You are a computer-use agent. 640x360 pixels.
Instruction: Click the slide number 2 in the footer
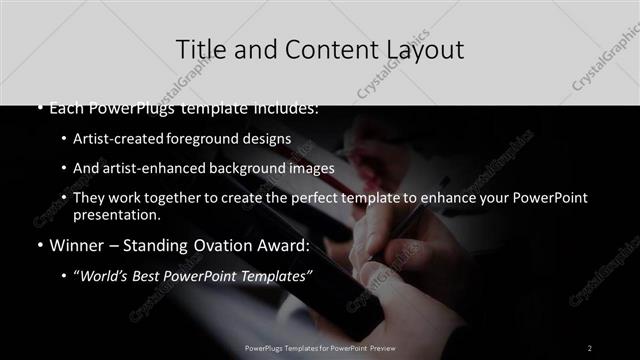click(x=589, y=348)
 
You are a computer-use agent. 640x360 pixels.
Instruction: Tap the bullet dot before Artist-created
click(x=63, y=140)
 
